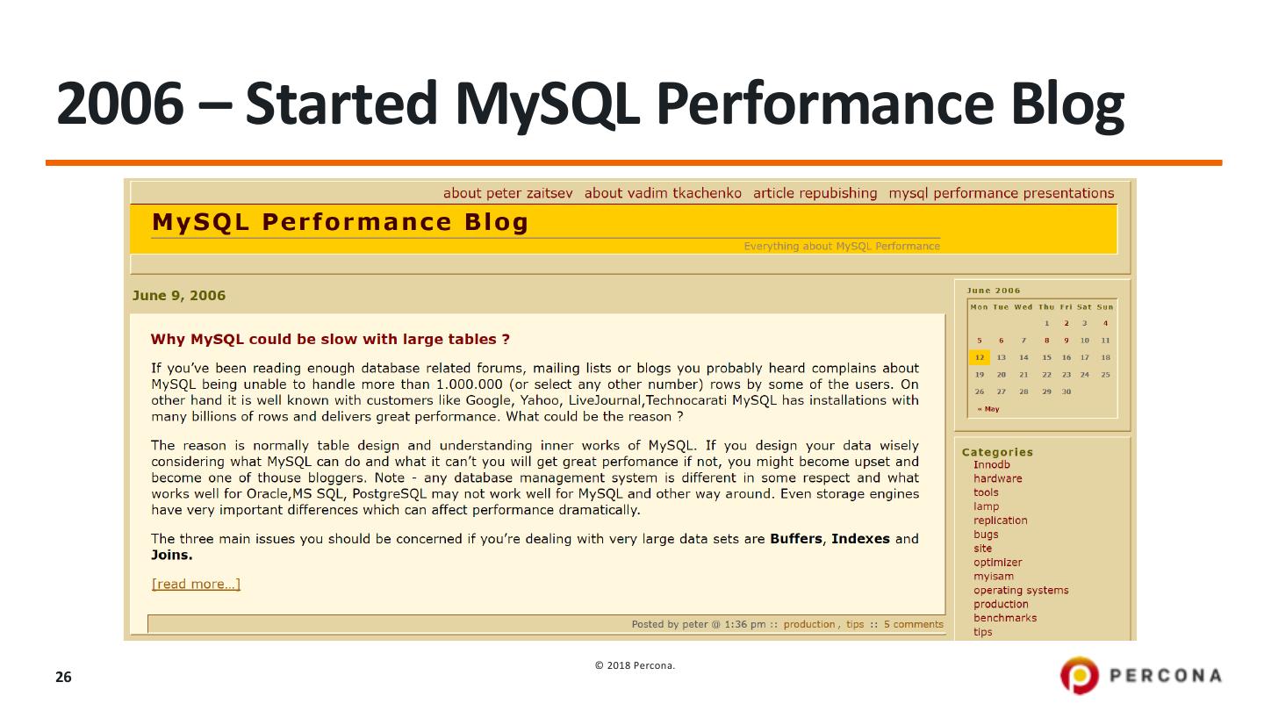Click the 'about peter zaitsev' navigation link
click(508, 193)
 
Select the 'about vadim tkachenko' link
click(663, 193)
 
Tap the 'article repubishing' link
click(815, 193)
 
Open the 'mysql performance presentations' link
click(1002, 193)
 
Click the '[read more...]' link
click(196, 584)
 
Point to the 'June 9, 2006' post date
click(179, 296)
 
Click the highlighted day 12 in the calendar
click(980, 357)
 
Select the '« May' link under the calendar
click(988, 409)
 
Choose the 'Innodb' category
click(992, 464)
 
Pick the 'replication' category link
click(1000, 521)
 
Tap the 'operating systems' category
click(1021, 590)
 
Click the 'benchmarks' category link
click(1005, 618)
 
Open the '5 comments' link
click(914, 624)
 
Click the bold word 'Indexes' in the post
click(860, 539)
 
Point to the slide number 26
click(63, 677)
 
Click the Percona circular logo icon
click(1080, 675)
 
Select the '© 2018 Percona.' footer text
click(635, 666)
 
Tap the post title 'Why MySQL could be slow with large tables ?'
click(330, 339)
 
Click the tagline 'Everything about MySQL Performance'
click(842, 246)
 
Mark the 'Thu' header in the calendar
click(1046, 307)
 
